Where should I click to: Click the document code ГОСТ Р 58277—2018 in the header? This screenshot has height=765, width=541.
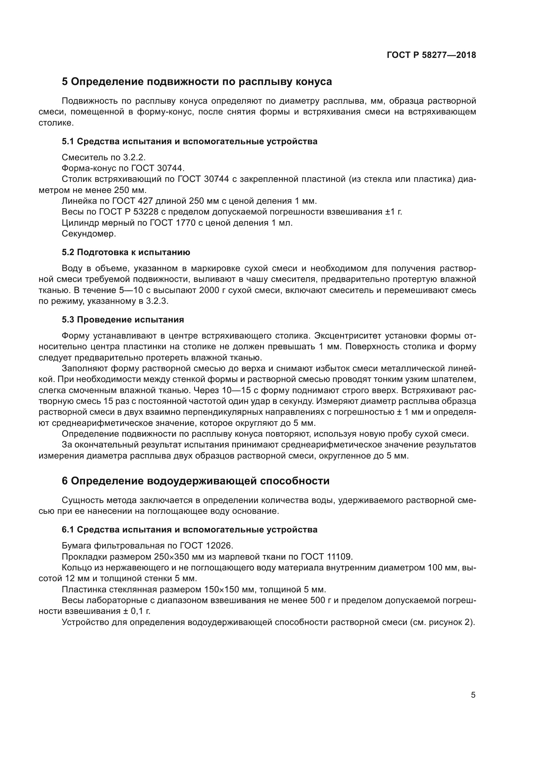click(x=431, y=55)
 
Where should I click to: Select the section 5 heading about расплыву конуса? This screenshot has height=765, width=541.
click(x=197, y=82)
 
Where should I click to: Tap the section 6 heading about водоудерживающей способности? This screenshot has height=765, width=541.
click(x=196, y=481)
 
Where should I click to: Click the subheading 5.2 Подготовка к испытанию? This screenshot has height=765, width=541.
click(x=126, y=252)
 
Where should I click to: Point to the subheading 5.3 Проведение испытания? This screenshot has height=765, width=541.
click(x=123, y=320)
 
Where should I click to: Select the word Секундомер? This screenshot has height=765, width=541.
click(x=89, y=234)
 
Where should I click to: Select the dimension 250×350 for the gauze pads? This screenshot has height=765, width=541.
click(x=177, y=557)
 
